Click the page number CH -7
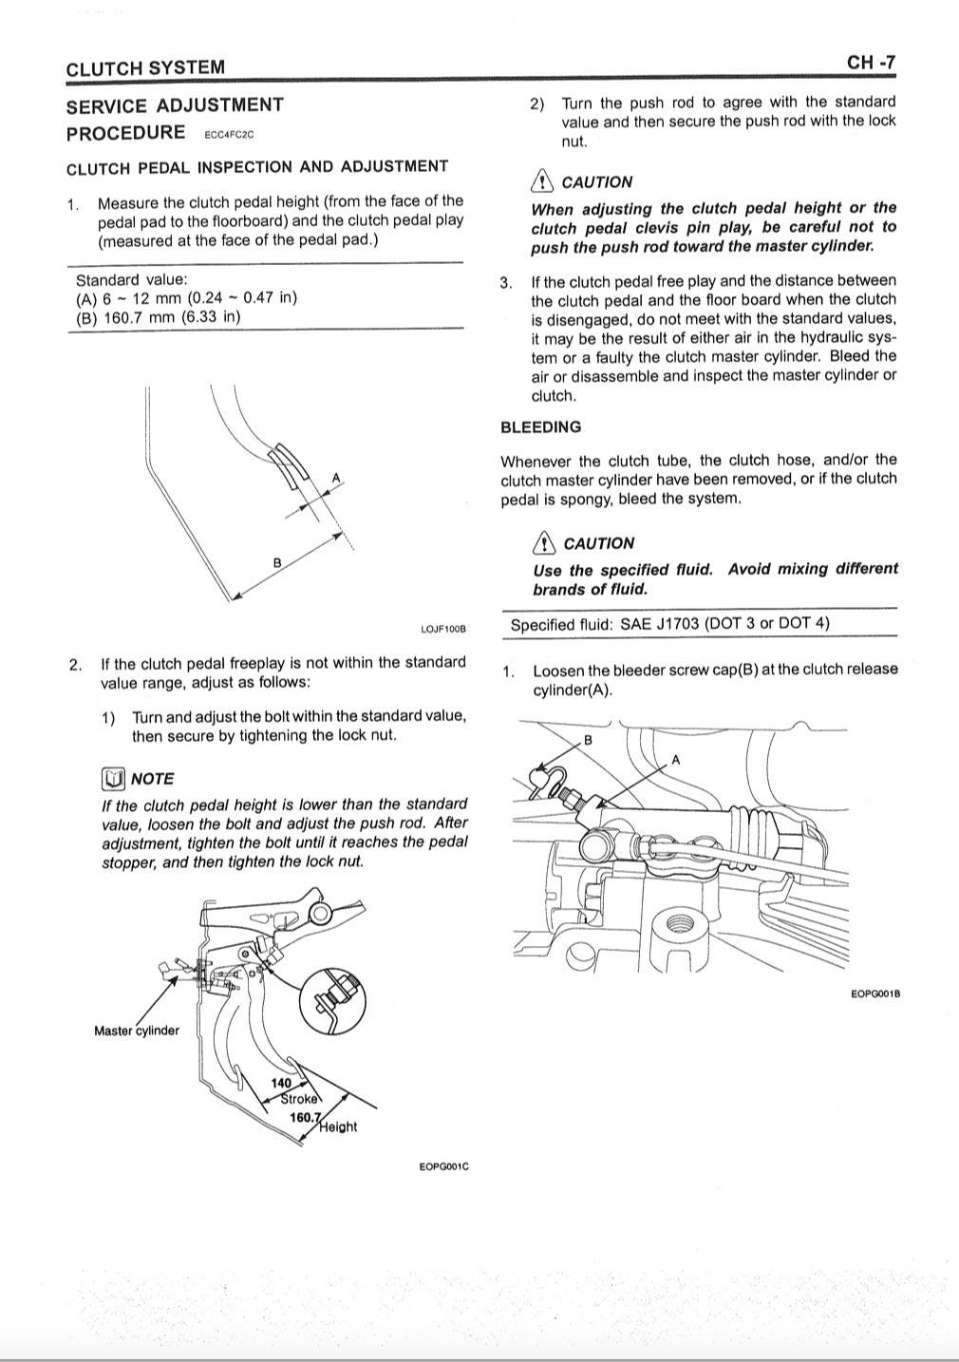pyautogui.click(x=870, y=63)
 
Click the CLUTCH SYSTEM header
pyautogui.click(x=145, y=67)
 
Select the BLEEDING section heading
pyautogui.click(x=540, y=427)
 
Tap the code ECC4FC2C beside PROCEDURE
pyautogui.click(x=229, y=135)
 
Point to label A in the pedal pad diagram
pyautogui.click(x=336, y=477)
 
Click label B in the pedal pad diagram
pyautogui.click(x=277, y=562)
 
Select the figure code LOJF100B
pyautogui.click(x=442, y=629)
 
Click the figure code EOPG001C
pyautogui.click(x=443, y=1166)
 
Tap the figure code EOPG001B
pyautogui.click(x=875, y=993)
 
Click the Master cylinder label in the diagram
pyautogui.click(x=136, y=1031)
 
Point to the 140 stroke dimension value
pyautogui.click(x=281, y=1083)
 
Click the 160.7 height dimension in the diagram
pyautogui.click(x=305, y=1117)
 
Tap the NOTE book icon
pyautogui.click(x=113, y=779)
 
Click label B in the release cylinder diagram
pyautogui.click(x=587, y=740)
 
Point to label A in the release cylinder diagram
pyautogui.click(x=676, y=760)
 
